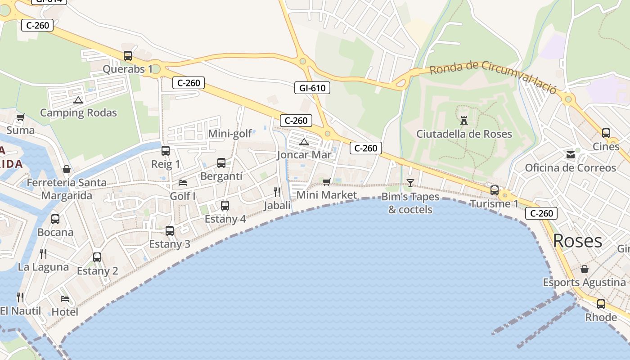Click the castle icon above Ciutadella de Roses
click(x=464, y=120)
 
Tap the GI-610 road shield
click(x=312, y=88)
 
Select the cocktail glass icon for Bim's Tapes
click(x=410, y=183)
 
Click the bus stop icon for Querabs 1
click(x=128, y=56)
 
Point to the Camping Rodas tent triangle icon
click(x=78, y=100)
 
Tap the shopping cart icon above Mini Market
click(x=327, y=182)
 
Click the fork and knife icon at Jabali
click(x=277, y=192)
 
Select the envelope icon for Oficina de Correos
click(x=571, y=155)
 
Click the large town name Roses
click(x=577, y=241)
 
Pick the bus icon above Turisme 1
click(x=495, y=190)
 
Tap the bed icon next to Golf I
click(x=183, y=182)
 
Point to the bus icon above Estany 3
click(x=170, y=231)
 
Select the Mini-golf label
click(x=230, y=134)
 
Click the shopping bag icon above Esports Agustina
click(x=585, y=269)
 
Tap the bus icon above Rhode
click(x=601, y=304)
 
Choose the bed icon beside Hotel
click(x=65, y=298)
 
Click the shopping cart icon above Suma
click(x=20, y=117)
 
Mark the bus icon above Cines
click(x=606, y=133)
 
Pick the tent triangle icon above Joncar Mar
click(x=304, y=142)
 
